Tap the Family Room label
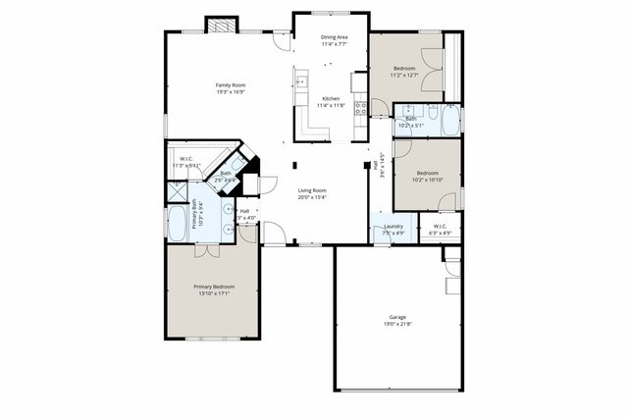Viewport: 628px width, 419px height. coord(231,89)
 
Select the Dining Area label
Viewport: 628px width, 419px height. coord(334,40)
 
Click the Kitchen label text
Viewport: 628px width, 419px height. coord(331,101)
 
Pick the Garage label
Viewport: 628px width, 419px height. coord(397,321)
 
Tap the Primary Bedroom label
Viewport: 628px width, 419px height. coord(213,289)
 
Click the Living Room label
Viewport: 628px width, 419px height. coord(312,193)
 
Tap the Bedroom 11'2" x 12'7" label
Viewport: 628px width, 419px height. coord(404,71)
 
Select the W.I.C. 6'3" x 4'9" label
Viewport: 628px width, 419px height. coord(440,230)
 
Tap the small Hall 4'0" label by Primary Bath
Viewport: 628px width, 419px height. coord(244,213)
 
